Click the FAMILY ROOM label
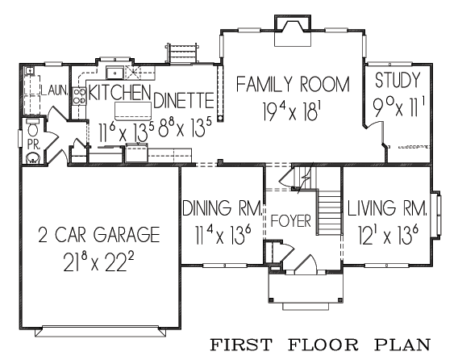[x=293, y=84]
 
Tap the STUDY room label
[x=398, y=80]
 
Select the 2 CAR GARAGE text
[x=99, y=235]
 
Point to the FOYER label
[x=291, y=221]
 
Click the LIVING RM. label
[x=387, y=208]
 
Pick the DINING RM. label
[x=222, y=208]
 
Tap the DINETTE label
[x=183, y=100]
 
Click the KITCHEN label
[x=119, y=92]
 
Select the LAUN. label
[x=55, y=90]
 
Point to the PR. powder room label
[x=34, y=144]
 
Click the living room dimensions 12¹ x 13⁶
[x=388, y=235]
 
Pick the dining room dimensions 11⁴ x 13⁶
[x=223, y=235]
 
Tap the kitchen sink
[x=115, y=72]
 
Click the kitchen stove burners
[x=79, y=96]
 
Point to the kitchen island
[x=133, y=111]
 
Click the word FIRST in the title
[x=241, y=345]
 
